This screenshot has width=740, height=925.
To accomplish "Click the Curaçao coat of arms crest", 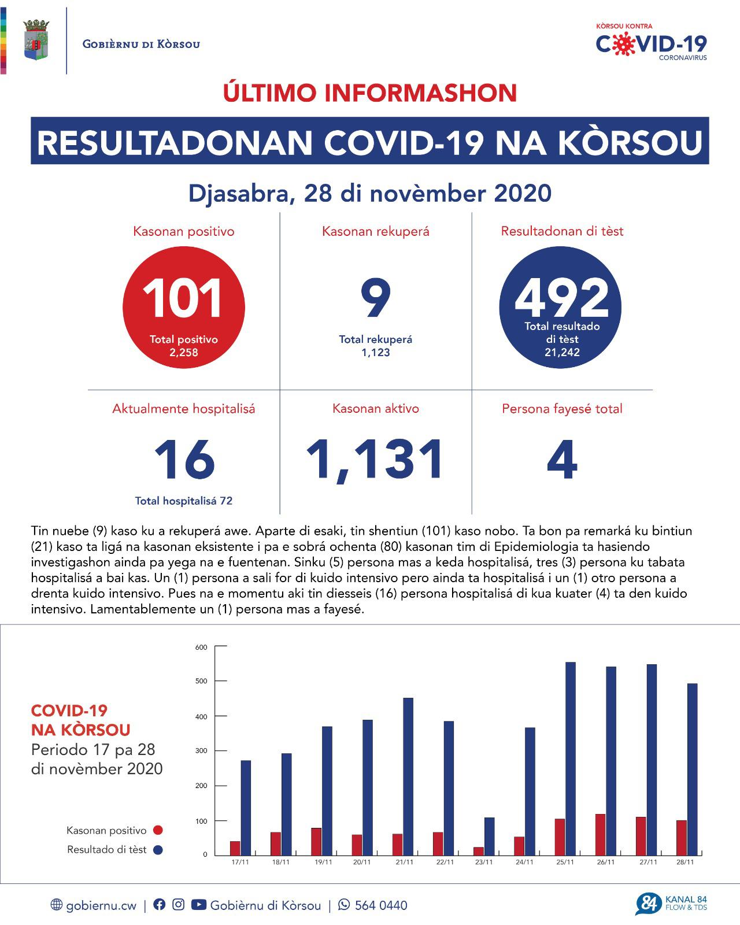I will tap(36, 40).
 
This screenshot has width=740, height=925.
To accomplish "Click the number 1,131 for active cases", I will tap(376, 460).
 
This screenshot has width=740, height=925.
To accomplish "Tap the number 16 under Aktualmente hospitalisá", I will tap(184, 460).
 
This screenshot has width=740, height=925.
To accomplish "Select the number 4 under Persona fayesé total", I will tap(562, 460).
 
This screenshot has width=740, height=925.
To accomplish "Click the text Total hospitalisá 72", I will tap(184, 501).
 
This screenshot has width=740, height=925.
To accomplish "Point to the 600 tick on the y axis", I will tap(201, 647).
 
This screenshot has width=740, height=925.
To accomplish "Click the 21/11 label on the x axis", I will tap(404, 863).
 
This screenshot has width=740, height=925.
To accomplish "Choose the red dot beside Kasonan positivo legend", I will tap(158, 830).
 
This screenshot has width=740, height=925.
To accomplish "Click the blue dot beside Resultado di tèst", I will tap(158, 850).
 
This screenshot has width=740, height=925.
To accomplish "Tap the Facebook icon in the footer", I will tap(160, 905).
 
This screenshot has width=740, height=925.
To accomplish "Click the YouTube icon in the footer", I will tap(198, 905).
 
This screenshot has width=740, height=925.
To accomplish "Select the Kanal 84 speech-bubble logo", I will tap(647, 904).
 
